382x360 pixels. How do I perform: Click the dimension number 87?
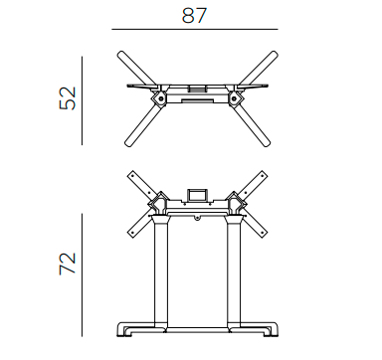(194, 15)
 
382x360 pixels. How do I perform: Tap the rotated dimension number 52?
(68, 98)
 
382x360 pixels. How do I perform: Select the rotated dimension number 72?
(68, 264)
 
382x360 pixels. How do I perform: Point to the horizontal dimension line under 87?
(195, 29)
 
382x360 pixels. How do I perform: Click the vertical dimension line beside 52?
(82, 100)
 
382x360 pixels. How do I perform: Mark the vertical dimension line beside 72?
(82, 275)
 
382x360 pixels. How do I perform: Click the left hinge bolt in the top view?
(160, 98)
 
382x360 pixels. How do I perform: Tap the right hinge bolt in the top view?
(234, 98)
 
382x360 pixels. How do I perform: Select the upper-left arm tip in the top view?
(120, 54)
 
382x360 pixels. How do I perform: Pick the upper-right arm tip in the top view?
(275, 54)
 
